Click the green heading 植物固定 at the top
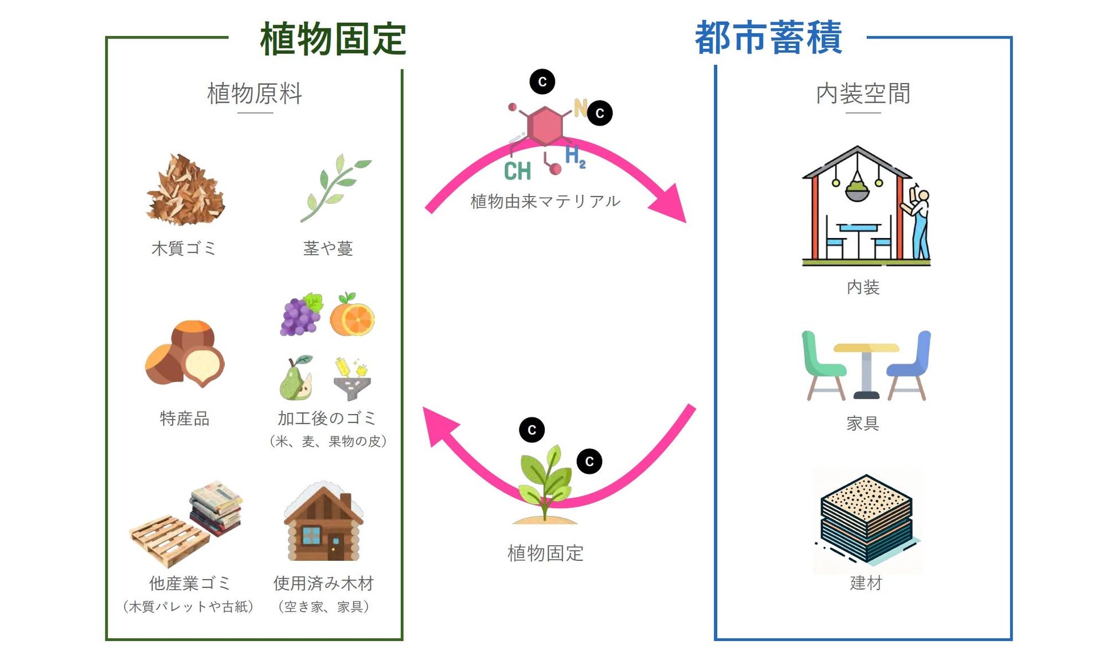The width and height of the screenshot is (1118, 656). tap(333, 39)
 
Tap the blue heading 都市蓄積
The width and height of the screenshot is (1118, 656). tap(768, 38)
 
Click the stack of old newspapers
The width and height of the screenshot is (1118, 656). tap(216, 507)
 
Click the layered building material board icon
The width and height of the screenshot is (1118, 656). tap(866, 518)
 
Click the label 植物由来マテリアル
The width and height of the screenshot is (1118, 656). tap(545, 201)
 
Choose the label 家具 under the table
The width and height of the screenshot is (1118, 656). tap(863, 423)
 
